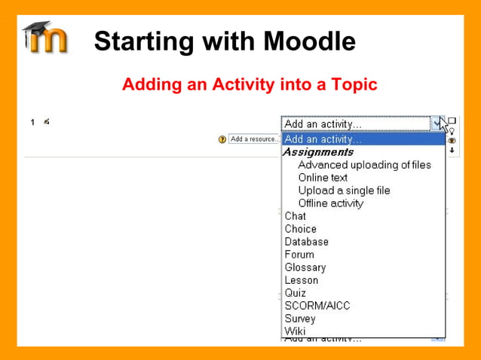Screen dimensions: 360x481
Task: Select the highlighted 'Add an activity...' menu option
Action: tap(323, 139)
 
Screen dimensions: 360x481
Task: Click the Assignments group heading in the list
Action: tap(317, 152)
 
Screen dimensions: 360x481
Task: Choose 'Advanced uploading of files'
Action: tap(364, 165)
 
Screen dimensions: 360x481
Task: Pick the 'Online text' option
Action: tap(323, 178)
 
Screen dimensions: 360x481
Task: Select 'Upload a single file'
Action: tap(344, 191)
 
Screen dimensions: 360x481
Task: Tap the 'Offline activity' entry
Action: tap(330, 203)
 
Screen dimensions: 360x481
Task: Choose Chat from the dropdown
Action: tap(296, 216)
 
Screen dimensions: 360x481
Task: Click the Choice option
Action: tap(300, 229)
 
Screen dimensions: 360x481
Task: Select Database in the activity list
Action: tap(306, 242)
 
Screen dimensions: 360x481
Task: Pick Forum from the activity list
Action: tap(299, 255)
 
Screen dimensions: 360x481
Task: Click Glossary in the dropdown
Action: tap(305, 267)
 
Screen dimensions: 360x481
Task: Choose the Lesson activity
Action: tap(302, 280)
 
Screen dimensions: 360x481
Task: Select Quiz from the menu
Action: tap(296, 293)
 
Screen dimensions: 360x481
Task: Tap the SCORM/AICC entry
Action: tap(317, 306)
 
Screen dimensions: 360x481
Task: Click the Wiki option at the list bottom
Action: tap(295, 331)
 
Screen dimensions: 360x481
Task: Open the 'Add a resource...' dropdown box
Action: tap(254, 139)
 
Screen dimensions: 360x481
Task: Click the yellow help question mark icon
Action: tap(222, 139)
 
